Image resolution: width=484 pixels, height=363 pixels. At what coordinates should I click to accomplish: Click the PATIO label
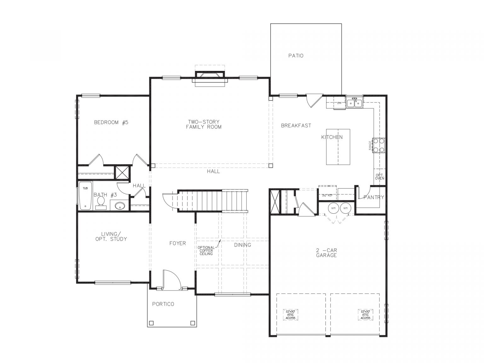296,56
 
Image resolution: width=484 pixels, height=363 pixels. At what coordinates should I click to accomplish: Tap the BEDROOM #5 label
111,122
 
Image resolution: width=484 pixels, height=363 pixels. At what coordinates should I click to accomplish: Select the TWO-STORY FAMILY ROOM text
204,124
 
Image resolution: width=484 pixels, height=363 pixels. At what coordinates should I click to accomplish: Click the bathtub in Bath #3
85,196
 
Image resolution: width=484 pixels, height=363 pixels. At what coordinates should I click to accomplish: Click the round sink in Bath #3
120,206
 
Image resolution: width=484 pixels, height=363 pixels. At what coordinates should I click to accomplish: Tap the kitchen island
338,147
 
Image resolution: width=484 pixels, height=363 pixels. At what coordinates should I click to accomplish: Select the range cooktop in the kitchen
379,145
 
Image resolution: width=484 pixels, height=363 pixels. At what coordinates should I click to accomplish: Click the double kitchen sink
354,103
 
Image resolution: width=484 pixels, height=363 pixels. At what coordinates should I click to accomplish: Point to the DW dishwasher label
339,103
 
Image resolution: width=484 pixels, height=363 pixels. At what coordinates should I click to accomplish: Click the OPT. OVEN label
379,176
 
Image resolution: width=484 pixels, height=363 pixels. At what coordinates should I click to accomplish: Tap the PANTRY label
374,197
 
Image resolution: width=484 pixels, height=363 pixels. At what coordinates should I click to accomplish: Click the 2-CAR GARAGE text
326,253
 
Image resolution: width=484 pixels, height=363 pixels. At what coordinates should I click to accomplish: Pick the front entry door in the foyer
171,279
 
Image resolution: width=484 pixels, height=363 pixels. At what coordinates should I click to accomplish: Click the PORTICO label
163,304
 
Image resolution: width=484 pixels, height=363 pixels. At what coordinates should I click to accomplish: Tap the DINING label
243,245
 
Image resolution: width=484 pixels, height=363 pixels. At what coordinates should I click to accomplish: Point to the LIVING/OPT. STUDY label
111,236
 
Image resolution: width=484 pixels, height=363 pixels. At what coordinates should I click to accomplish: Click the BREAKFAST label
296,125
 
